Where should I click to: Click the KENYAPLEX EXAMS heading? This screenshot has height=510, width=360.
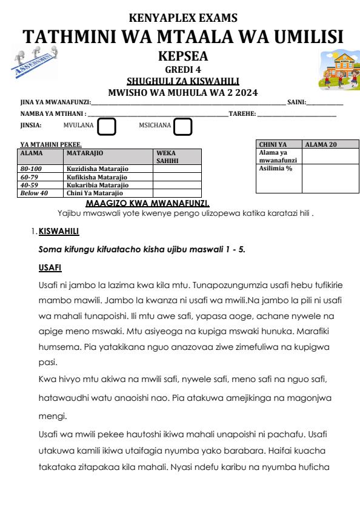[x=179, y=18]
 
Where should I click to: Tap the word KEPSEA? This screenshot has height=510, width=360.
[x=179, y=57]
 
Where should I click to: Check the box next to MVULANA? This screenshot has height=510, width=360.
[x=107, y=126]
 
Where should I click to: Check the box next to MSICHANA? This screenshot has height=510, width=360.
[x=182, y=126]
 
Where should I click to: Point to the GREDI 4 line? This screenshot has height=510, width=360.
[x=179, y=69]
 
